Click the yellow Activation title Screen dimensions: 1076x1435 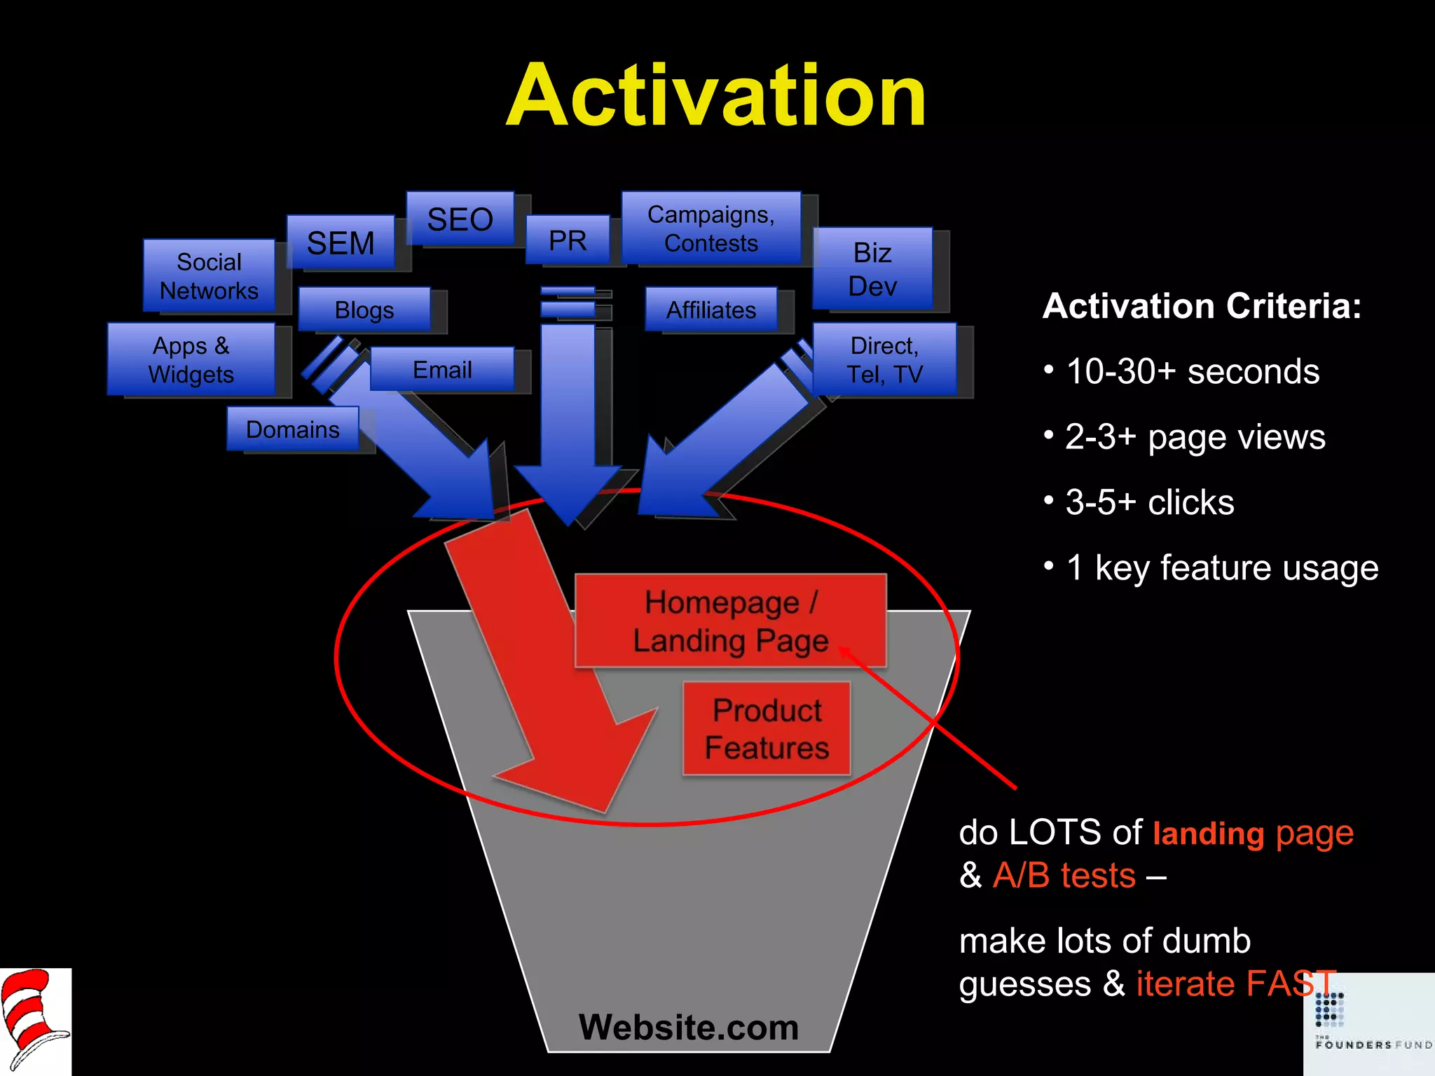716,96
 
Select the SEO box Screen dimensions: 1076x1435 460,219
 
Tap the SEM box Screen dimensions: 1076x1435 341,242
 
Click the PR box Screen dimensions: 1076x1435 568,240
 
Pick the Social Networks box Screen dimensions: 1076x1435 209,275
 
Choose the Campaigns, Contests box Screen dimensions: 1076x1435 710,228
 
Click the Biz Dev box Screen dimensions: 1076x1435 872,268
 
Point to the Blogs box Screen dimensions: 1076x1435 364,309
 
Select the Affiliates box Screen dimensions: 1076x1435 710,309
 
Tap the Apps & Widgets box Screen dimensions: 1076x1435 191,359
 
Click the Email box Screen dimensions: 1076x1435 442,369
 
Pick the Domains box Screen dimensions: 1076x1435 292,429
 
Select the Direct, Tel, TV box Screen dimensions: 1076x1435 884,359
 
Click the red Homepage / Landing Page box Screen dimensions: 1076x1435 730,621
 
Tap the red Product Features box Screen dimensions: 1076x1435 767,729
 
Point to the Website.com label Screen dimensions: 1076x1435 688,1027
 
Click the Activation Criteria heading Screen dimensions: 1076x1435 1202,306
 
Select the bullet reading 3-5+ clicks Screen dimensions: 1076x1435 1149,502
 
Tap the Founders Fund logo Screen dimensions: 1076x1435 1370,1024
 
